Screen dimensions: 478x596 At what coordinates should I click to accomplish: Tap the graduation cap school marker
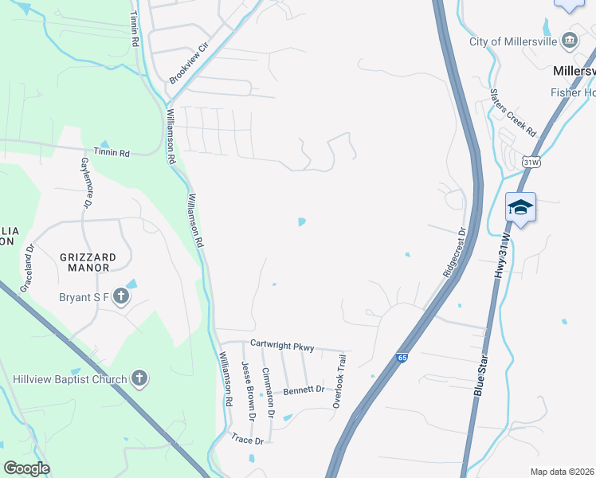[520, 208]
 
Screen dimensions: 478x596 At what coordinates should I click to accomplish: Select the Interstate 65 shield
[402, 358]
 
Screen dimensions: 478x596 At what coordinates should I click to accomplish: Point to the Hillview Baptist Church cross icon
[139, 378]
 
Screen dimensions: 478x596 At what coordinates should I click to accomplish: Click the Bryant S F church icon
[120, 297]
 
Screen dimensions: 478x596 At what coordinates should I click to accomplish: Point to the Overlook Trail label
[342, 381]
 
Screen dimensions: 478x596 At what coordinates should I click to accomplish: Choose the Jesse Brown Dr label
[248, 390]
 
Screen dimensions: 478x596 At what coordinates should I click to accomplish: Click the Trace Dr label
[247, 439]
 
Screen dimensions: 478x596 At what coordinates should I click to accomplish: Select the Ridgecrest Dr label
[453, 253]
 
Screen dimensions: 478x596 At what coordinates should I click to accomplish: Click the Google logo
[26, 468]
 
